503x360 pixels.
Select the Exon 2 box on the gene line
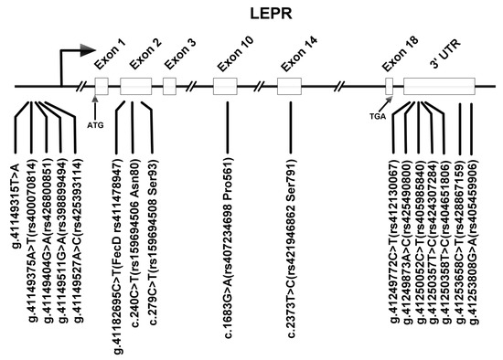click(x=135, y=89)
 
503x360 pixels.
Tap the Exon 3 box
click(x=169, y=89)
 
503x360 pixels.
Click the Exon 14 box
click(x=290, y=89)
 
